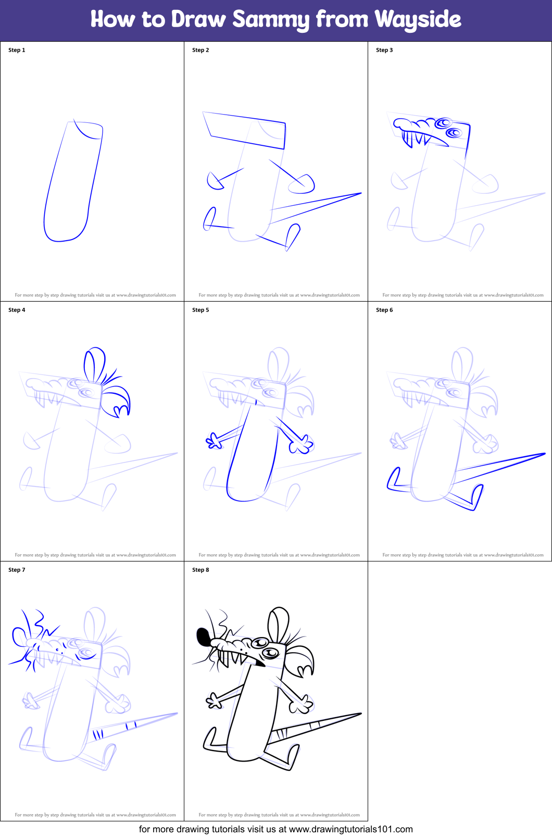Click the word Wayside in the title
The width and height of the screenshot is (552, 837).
[418, 20]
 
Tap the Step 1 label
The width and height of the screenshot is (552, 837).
[17, 50]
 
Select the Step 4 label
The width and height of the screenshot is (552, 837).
[17, 310]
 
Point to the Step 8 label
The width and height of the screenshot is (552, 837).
[200, 570]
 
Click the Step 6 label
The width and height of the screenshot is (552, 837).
[384, 310]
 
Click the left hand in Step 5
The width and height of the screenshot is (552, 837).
[214, 441]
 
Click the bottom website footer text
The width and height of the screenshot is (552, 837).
[275, 829]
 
